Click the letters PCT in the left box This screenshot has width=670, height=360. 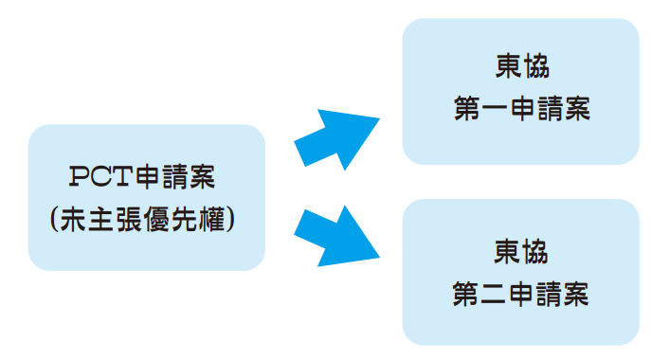(x=100, y=176)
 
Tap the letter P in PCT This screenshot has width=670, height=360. (x=79, y=176)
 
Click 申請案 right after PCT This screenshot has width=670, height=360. (x=174, y=176)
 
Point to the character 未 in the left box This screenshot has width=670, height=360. (x=73, y=220)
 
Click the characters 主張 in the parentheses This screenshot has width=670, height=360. (x=115, y=220)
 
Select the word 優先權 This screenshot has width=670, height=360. (x=184, y=220)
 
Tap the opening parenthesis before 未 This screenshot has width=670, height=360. (x=54, y=220)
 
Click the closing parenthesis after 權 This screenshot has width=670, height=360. (x=230, y=220)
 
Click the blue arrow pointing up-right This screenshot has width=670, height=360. (x=336, y=138)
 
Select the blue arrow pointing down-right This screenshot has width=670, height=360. (x=336, y=236)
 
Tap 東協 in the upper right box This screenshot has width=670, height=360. (x=522, y=66)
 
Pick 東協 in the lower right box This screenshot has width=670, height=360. (x=520, y=252)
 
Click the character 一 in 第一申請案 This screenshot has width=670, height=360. (x=495, y=109)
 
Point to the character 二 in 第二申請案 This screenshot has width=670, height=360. (x=494, y=295)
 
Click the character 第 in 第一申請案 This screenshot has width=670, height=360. (x=467, y=109)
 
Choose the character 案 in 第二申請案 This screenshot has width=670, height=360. (x=575, y=295)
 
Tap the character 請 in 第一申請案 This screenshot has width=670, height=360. (x=550, y=109)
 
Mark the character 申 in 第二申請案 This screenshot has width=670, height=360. (x=521, y=295)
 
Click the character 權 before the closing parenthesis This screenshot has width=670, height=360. (x=211, y=220)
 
